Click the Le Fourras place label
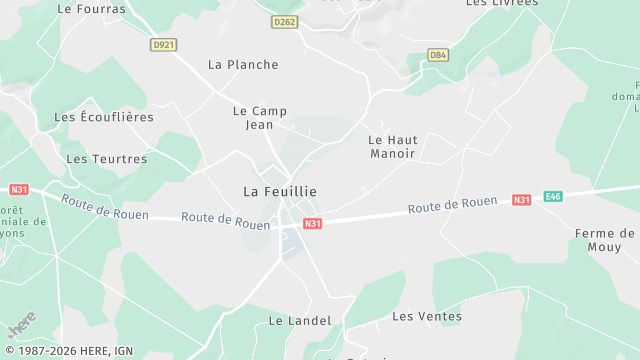point(92,8)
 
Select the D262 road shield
point(285,21)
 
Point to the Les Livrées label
point(502,3)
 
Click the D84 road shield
point(438,54)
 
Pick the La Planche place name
point(243,65)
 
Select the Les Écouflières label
point(104,117)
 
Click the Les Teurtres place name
point(106,159)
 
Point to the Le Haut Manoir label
point(393,147)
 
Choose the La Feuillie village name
point(280,191)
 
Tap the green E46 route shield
point(553,197)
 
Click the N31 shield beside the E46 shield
point(521,200)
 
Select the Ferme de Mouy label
point(605,240)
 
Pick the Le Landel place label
point(292,321)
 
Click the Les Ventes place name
point(427,316)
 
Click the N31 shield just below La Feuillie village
point(313,223)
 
